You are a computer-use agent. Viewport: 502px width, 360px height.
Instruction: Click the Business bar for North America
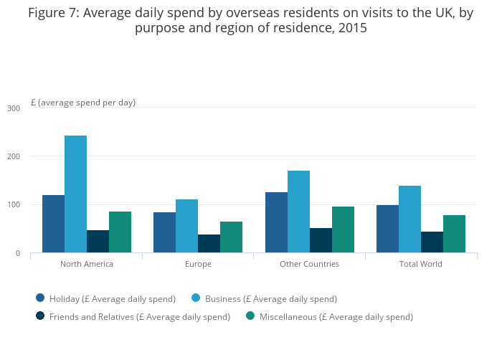pyautogui.click(x=75, y=194)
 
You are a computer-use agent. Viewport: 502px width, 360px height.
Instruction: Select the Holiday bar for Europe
pyautogui.click(x=164, y=232)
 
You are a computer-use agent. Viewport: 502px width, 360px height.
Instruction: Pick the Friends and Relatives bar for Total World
pyautogui.click(x=432, y=242)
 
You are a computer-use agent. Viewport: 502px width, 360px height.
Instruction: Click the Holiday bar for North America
pyautogui.click(x=53, y=224)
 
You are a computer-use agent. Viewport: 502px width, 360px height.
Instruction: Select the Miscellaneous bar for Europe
pyautogui.click(x=231, y=237)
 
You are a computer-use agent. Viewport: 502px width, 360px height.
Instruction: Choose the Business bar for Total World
pyautogui.click(x=409, y=219)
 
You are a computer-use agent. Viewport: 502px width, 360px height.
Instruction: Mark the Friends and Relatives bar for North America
pyautogui.click(x=98, y=242)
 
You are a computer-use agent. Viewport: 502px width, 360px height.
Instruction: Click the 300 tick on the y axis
pyautogui.click(x=14, y=108)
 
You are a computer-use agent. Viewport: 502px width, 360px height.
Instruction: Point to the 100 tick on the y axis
pyautogui.click(x=14, y=205)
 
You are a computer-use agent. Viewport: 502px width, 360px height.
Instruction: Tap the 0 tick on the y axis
pyautogui.click(x=17, y=253)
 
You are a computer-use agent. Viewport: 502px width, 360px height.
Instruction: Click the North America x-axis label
pyautogui.click(x=86, y=264)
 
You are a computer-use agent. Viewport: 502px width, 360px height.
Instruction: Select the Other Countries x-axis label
pyautogui.click(x=309, y=264)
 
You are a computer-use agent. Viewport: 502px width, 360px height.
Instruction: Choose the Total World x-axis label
pyautogui.click(x=420, y=264)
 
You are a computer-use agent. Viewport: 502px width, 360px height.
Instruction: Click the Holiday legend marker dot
pyautogui.click(x=40, y=298)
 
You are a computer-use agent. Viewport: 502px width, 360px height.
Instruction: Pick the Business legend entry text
pyautogui.click(x=270, y=298)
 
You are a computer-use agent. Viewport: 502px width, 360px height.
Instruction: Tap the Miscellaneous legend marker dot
pyautogui.click(x=250, y=316)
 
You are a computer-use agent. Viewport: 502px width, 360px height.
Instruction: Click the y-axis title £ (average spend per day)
pyautogui.click(x=83, y=103)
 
